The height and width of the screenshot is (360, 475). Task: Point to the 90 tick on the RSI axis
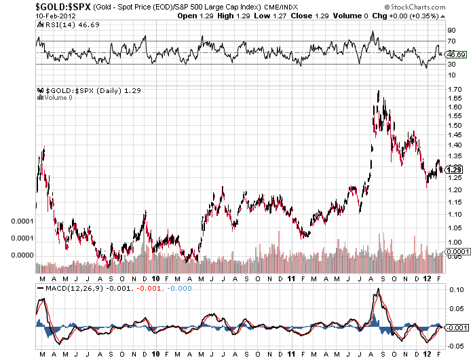point(451,30)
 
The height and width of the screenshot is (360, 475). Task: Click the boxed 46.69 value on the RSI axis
point(455,54)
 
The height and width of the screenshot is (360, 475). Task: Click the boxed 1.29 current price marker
point(455,169)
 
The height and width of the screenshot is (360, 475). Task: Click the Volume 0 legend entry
point(55,98)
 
